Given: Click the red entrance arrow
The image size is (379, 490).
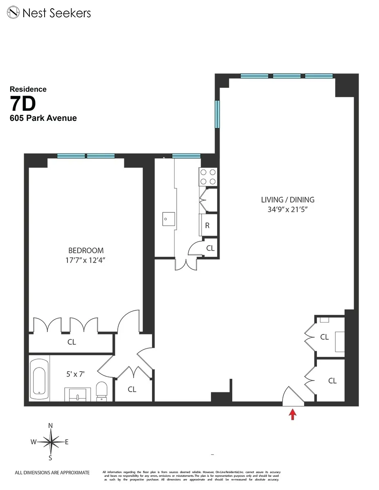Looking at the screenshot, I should point(292,415).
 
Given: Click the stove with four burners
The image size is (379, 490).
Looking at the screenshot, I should point(208,177).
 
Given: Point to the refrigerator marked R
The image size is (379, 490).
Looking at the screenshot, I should point(208,225).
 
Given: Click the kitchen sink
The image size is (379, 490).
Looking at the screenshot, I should point(168,218).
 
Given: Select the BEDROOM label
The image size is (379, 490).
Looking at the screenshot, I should point(86,250).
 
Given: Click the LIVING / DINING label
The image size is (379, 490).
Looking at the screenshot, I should point(288,200).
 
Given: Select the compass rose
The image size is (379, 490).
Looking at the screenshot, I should point(51,441).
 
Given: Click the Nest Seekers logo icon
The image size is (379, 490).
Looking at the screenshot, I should point(14,13).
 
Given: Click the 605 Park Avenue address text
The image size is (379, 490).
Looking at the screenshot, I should point(43,118).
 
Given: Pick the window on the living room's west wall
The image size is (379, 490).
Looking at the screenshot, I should point(218,115).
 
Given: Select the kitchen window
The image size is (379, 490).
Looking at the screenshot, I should point(186,156).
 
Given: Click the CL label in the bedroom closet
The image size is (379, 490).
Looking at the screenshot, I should point(72,342).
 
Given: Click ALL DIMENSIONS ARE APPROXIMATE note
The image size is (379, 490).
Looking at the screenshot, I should point(52,472).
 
